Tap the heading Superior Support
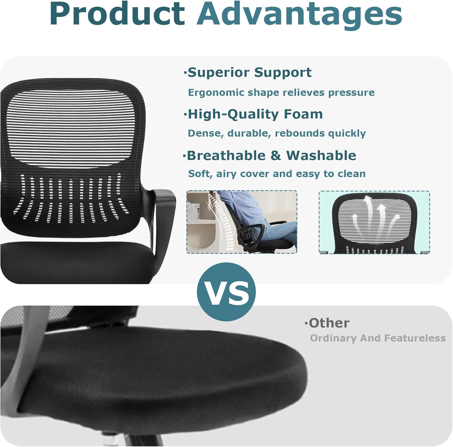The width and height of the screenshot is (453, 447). tap(249, 73)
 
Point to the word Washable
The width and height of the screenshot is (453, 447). tap(321, 155)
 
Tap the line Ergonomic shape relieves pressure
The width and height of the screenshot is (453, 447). tap(281, 92)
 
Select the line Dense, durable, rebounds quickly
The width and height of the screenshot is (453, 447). tap(277, 133)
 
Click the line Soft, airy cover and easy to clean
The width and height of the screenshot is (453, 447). tap(277, 174)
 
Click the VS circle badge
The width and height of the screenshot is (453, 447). tap(226, 292)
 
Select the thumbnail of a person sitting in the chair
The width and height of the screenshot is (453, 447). tap(242, 222)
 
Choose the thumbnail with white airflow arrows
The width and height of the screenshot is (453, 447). tap(374, 222)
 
